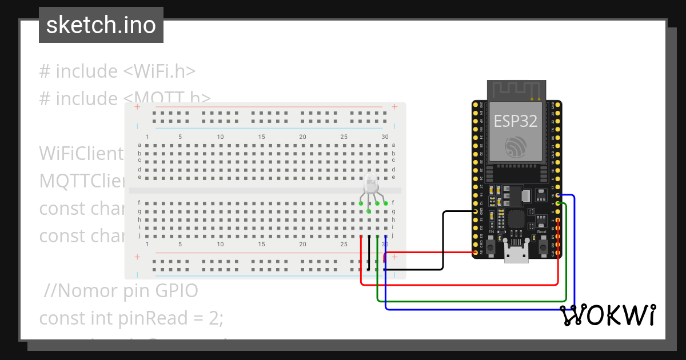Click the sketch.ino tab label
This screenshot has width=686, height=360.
tap(101, 25)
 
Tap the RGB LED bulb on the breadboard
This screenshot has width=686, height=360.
tap(371, 184)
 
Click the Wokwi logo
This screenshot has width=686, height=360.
tap(607, 315)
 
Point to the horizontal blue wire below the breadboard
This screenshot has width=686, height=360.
tap(480, 309)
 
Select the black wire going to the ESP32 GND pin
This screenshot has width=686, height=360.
tap(444, 240)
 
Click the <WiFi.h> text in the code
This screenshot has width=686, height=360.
tap(159, 71)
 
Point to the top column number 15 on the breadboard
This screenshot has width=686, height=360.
tap(261, 137)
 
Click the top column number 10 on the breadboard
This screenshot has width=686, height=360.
tap(220, 137)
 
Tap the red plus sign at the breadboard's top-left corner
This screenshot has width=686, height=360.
tap(137, 107)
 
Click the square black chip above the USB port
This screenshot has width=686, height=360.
tap(516, 219)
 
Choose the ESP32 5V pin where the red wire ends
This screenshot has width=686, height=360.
tap(476, 252)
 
